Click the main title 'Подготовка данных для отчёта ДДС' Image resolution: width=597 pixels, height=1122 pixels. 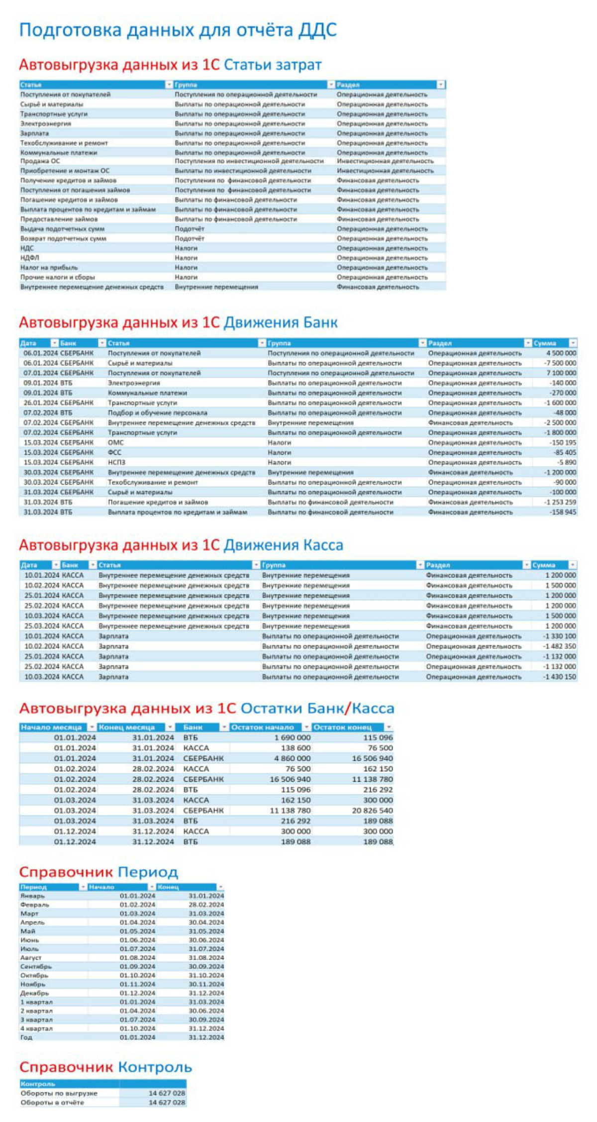178,30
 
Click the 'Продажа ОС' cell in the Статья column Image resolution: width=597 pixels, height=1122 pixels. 40,161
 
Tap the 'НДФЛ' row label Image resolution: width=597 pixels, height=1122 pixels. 29,258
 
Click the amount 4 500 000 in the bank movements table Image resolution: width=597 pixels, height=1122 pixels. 561,353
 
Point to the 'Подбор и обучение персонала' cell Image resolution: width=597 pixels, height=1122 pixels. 157,413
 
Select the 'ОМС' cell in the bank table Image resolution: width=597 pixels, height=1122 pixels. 116,443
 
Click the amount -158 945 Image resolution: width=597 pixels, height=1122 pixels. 563,512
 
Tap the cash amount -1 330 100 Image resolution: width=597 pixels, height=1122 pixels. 559,636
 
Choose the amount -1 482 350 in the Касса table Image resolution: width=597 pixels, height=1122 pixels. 559,646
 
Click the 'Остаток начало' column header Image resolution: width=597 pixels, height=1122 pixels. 266,727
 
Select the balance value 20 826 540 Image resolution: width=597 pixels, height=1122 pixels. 372,811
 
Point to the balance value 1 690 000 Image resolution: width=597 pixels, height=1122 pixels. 293,738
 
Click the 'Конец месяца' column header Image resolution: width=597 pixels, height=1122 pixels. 127,727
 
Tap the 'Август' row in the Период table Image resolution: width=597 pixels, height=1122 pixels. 31,958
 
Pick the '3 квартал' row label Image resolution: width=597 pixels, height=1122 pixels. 36,1020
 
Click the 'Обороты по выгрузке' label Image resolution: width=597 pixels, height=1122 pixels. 59,1093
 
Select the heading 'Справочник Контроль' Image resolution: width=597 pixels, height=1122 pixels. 105,1067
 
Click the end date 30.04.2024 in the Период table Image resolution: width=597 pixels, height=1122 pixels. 206,922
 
